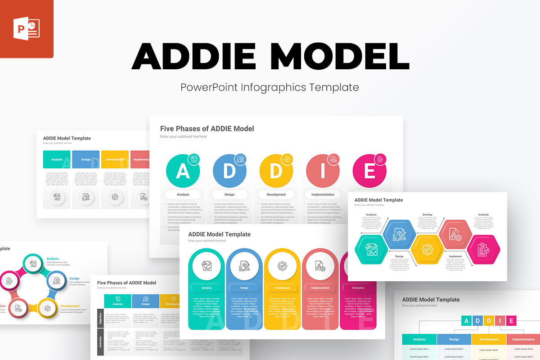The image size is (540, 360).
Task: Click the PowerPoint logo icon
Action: click(x=27, y=29)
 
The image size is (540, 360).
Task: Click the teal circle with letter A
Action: click(x=183, y=171)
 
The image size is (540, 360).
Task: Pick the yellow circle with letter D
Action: click(x=276, y=171)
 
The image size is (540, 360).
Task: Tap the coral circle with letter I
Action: click(x=323, y=171)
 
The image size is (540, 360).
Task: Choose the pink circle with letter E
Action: click(x=369, y=171)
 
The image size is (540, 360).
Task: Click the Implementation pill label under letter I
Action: click(x=323, y=195)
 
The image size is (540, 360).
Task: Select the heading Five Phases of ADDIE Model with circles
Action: click(x=207, y=129)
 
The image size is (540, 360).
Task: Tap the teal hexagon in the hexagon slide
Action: click(x=371, y=249)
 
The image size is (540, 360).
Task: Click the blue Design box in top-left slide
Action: click(x=85, y=159)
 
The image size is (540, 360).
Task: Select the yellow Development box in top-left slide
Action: click(x=115, y=159)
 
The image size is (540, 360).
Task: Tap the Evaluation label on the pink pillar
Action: click(x=358, y=288)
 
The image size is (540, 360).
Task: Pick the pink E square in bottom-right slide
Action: click(x=510, y=321)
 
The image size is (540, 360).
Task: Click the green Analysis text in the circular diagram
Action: click(x=53, y=259)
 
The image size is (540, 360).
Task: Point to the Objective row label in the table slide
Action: click(x=100, y=318)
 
